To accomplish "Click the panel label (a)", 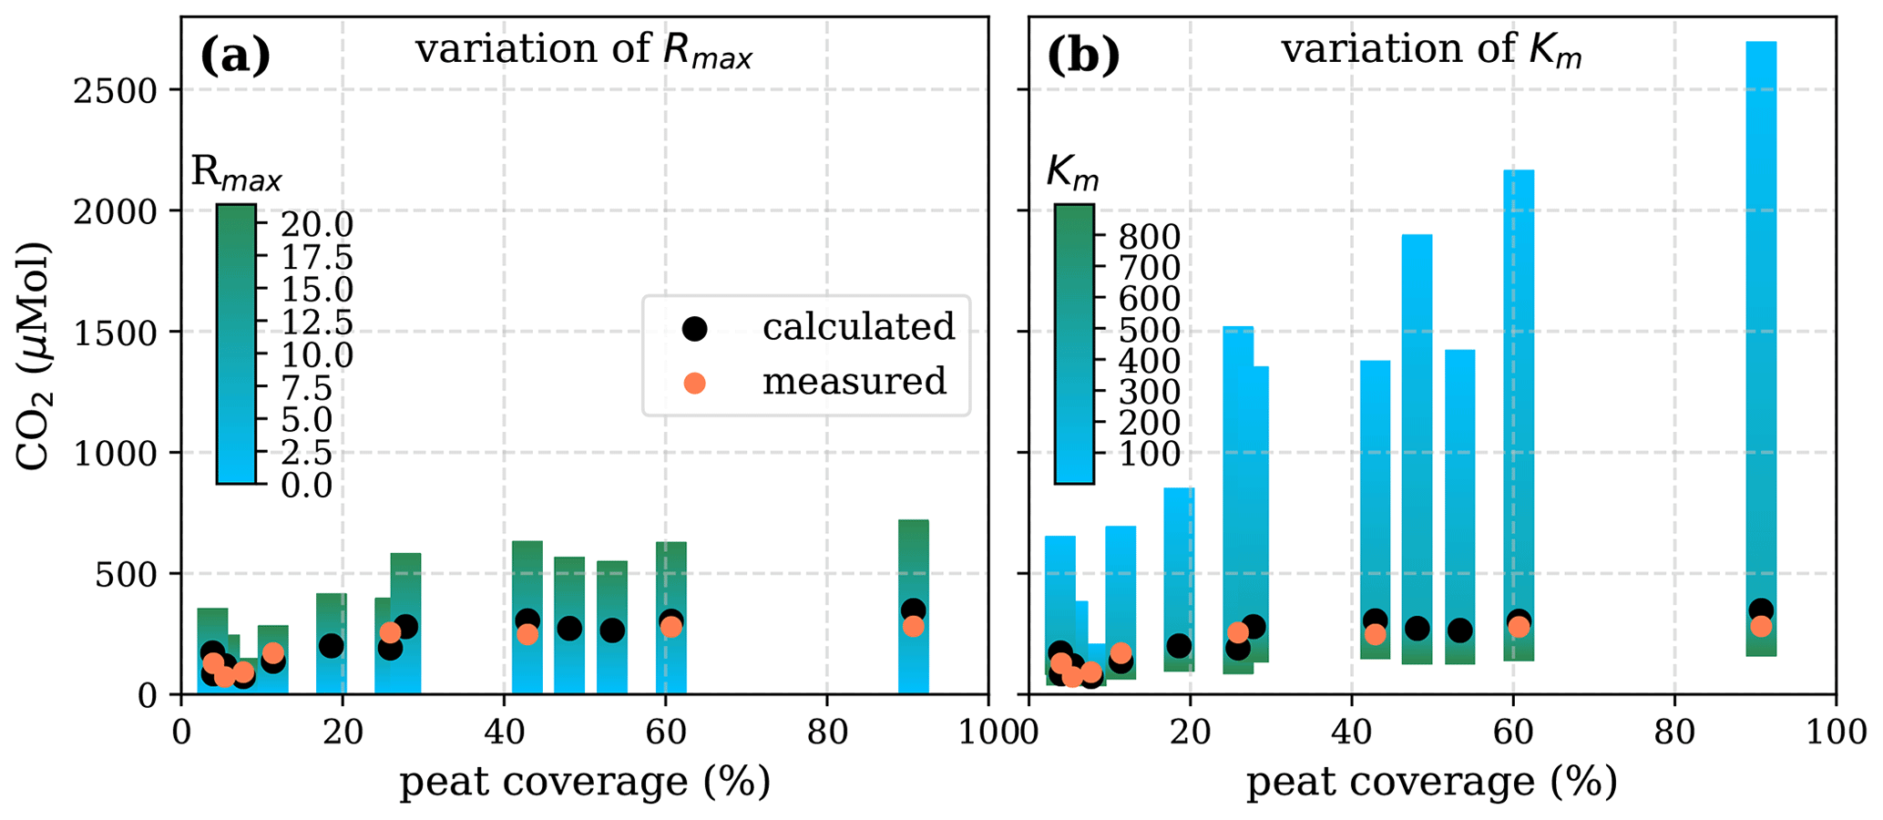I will click(x=235, y=56).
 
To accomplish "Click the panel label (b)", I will click(x=1083, y=56).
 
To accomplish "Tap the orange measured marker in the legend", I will click(x=695, y=383).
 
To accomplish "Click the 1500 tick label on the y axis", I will click(x=122, y=333).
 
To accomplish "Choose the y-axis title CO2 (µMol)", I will click(x=35, y=355).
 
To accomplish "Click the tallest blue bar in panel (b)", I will click(x=1760, y=346).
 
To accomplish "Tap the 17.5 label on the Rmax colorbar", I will click(x=316, y=258).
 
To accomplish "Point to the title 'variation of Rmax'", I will click(x=584, y=50).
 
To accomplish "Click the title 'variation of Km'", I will click(x=1431, y=50).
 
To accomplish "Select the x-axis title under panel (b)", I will click(x=1431, y=782).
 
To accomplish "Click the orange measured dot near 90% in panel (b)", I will click(x=1761, y=626).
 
